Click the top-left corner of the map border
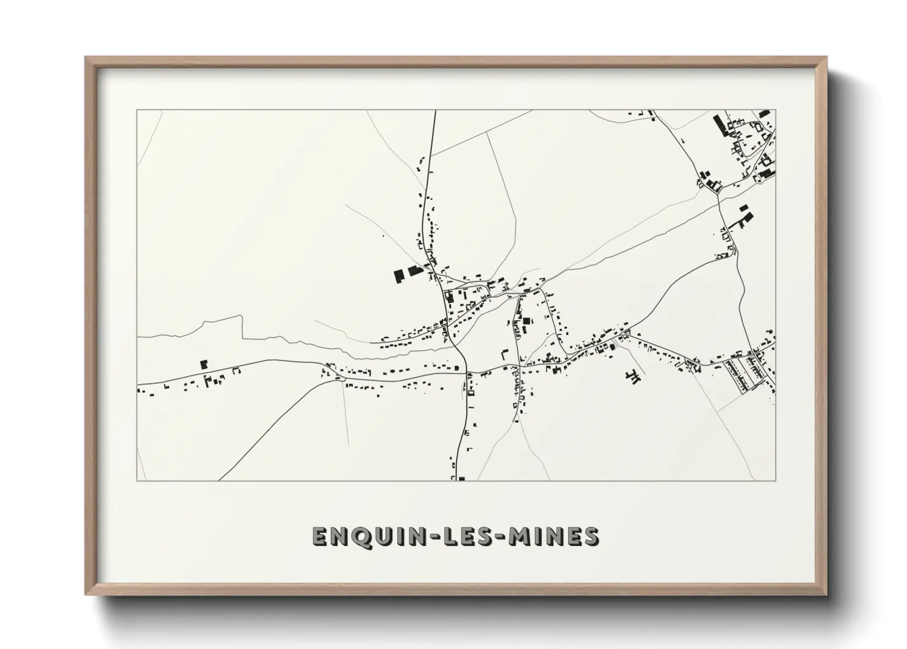[x=137, y=110]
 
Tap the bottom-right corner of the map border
[x=775, y=480]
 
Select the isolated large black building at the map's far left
[x=204, y=364]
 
